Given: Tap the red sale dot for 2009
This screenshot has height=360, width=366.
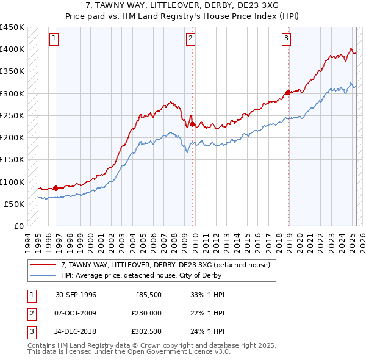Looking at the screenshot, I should (192, 124).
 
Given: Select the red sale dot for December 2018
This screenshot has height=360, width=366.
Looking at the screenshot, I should (287, 93).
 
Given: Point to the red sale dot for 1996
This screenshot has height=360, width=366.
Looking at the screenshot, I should (56, 188).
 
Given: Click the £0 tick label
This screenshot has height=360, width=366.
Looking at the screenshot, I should (18, 226).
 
